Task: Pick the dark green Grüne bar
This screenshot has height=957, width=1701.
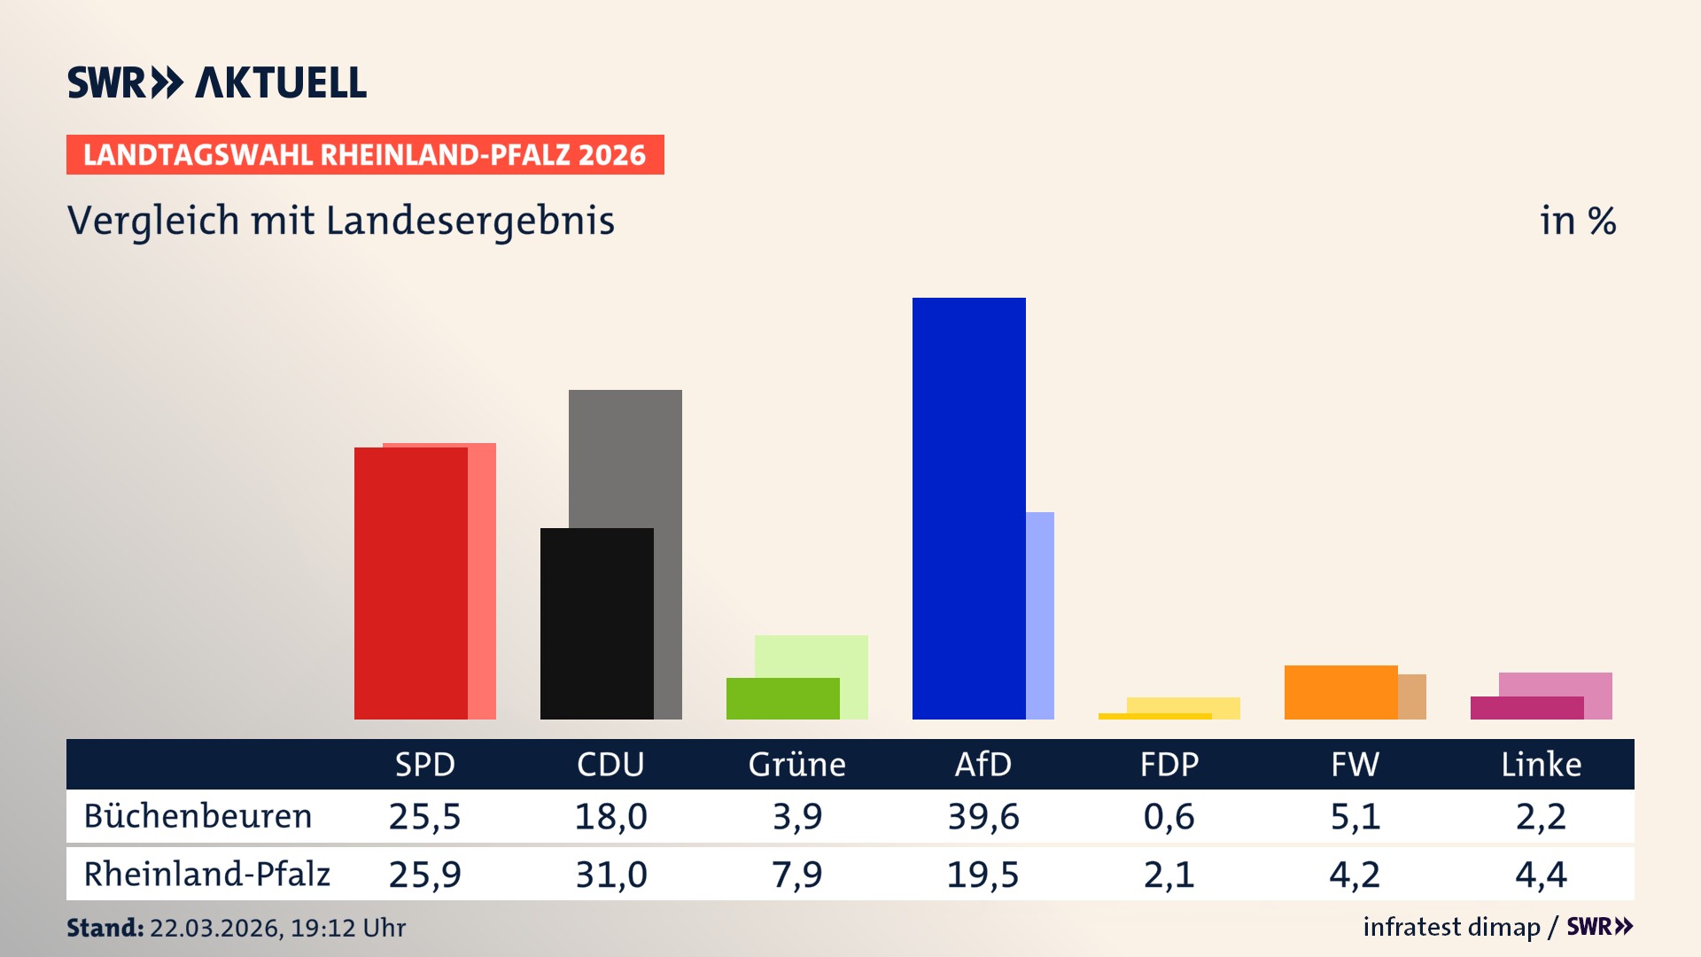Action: pyautogui.click(x=782, y=698)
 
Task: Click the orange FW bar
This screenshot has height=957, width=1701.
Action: pyautogui.click(x=1340, y=692)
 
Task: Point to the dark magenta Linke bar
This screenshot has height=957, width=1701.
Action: pyautogui.click(x=1526, y=708)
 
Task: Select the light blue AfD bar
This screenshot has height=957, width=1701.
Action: pyautogui.click(x=1040, y=615)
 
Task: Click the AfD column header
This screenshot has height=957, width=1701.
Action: pyautogui.click(x=983, y=764)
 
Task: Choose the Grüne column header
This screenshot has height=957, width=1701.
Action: pyautogui.click(x=796, y=764)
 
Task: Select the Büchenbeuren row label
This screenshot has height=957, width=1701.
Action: pyautogui.click(x=198, y=816)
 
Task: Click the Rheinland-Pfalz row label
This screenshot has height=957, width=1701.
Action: pyautogui.click(x=206, y=875)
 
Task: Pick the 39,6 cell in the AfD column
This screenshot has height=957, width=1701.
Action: pyautogui.click(x=983, y=816)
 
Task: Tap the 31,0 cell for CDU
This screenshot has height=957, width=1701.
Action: pyautogui.click(x=610, y=875)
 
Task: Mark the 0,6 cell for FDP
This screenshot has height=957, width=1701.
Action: pyautogui.click(x=1169, y=816)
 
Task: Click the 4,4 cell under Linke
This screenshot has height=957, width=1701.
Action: pyautogui.click(x=1541, y=875)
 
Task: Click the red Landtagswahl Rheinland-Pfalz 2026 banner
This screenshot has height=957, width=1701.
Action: pyautogui.click(x=365, y=154)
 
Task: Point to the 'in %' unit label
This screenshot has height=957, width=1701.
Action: pyautogui.click(x=1577, y=221)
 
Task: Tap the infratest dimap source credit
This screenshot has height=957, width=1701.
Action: pyautogui.click(x=1451, y=927)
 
